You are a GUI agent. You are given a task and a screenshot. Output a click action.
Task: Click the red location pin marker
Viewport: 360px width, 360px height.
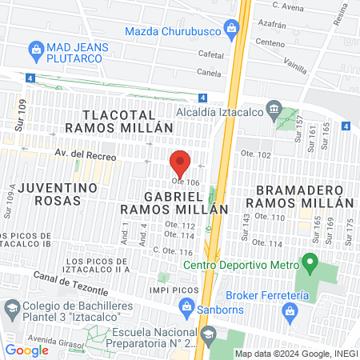coord(180,162)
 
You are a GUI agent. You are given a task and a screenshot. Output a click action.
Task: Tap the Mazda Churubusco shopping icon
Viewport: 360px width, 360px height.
coord(232,30)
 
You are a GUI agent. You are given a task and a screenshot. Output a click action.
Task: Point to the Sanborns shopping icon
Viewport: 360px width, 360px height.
coord(186,306)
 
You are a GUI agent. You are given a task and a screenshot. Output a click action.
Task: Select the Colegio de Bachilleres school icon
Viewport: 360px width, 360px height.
coord(13,308)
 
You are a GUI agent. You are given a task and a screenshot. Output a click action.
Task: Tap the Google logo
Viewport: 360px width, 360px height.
coord(26,350)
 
